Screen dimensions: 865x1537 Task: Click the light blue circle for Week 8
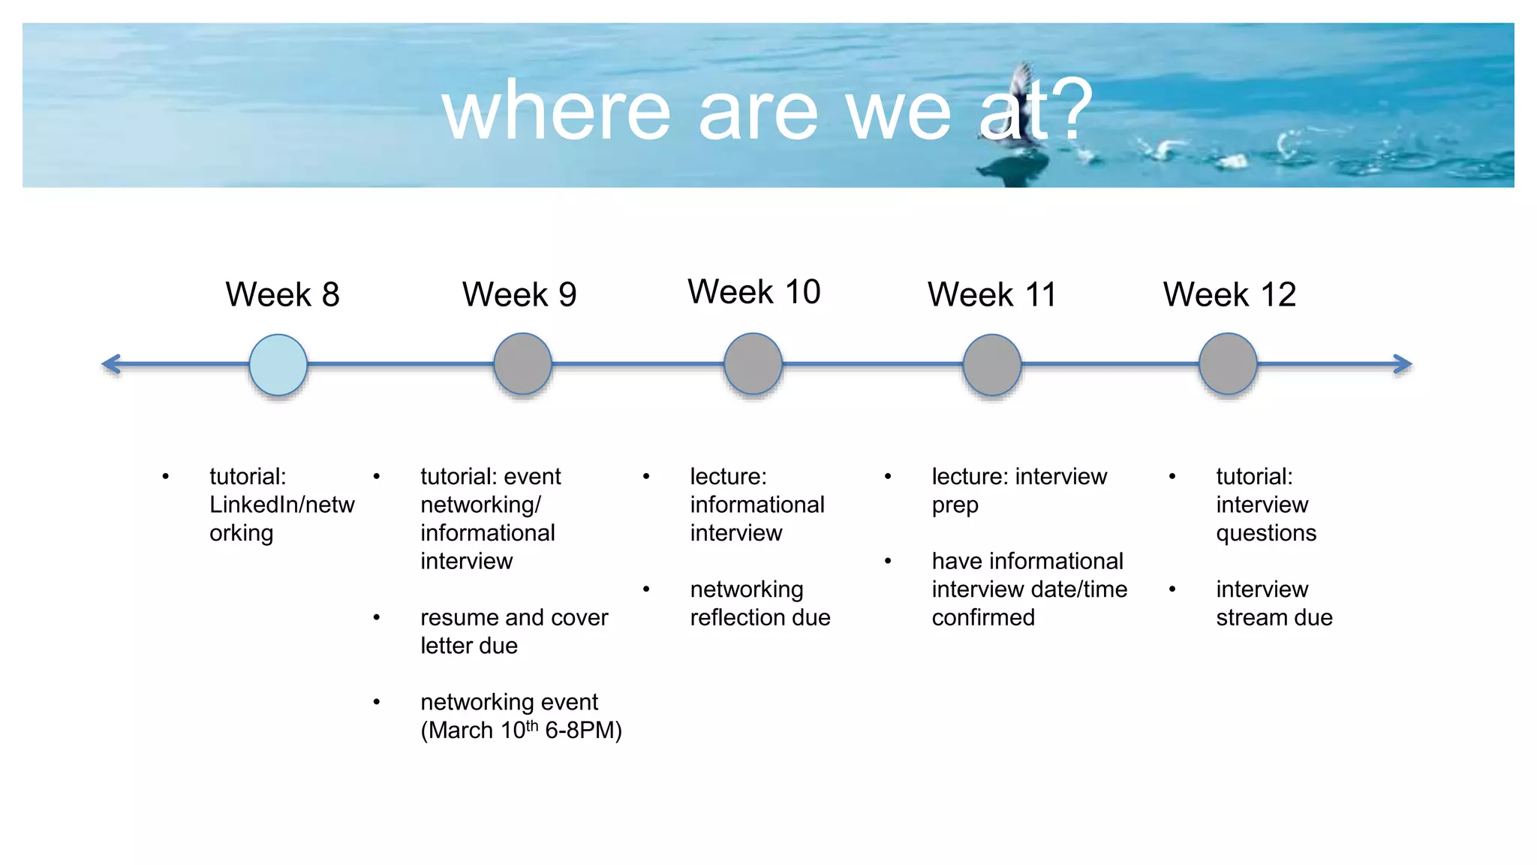pyautogui.click(x=278, y=364)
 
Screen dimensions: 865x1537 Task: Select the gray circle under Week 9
pyautogui.click(x=522, y=364)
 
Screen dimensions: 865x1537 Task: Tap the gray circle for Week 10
pyautogui.click(x=753, y=364)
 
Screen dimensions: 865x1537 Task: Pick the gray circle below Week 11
pyautogui.click(x=991, y=365)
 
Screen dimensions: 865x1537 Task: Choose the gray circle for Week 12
pyautogui.click(x=1228, y=364)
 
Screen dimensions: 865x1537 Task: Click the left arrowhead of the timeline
pyautogui.click(x=111, y=364)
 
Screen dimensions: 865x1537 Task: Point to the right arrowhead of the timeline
pyautogui.click(x=1403, y=364)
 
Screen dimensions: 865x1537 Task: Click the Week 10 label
pyautogui.click(x=753, y=291)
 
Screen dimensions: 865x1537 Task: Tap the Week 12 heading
pyautogui.click(x=1229, y=294)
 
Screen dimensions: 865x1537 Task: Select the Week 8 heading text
pyautogui.click(x=282, y=294)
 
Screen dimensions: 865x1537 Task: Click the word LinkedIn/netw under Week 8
pyautogui.click(x=281, y=505)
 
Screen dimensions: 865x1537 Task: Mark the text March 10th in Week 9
pyautogui.click(x=480, y=730)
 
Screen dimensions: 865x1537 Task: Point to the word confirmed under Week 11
pyautogui.click(x=983, y=617)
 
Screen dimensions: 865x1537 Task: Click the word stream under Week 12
pyautogui.click(x=1250, y=617)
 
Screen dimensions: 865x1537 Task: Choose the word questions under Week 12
pyautogui.click(x=1266, y=533)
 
